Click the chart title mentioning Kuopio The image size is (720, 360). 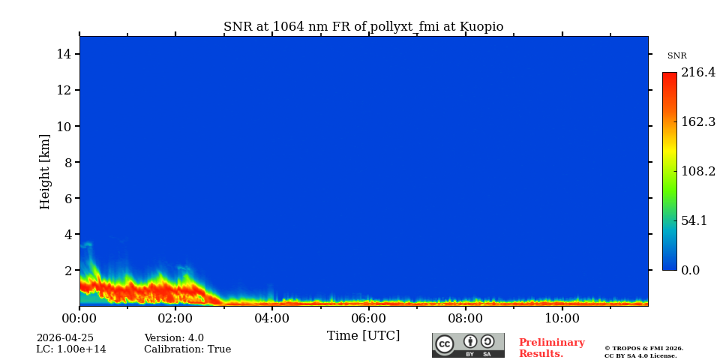click(x=363, y=27)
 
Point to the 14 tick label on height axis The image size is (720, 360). click(x=63, y=54)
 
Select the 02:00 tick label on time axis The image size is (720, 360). click(x=175, y=319)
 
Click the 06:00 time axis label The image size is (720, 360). click(x=368, y=319)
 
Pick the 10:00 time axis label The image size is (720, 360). click(x=562, y=319)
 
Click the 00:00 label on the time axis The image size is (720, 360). click(x=79, y=319)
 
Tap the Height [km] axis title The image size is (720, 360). click(x=45, y=171)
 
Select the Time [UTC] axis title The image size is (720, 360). click(x=363, y=336)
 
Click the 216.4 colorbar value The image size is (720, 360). click(x=697, y=73)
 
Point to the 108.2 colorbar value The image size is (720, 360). click(x=697, y=171)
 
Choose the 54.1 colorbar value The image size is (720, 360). click(x=694, y=220)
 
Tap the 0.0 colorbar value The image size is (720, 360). click(x=691, y=270)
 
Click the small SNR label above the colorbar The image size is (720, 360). click(x=676, y=56)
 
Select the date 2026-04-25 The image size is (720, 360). click(x=65, y=338)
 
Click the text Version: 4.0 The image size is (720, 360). click(x=174, y=338)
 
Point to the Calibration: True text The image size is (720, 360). click(x=187, y=349)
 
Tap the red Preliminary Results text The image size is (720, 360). click(x=551, y=348)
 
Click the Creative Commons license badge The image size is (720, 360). click(x=468, y=345)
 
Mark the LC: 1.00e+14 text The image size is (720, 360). click(x=71, y=349)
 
